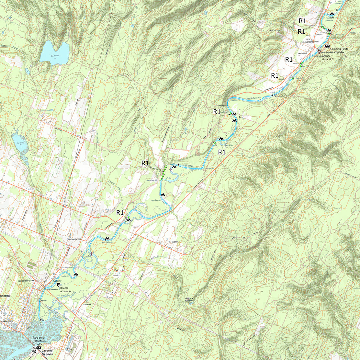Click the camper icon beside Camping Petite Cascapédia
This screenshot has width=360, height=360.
(327, 46)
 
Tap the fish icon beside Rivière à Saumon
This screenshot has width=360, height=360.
(58, 285)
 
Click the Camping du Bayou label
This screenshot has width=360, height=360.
(47, 352)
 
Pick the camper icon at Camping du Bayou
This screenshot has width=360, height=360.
(39, 348)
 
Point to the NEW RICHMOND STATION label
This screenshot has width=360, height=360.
(26, 281)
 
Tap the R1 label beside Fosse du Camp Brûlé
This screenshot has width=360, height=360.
(145, 163)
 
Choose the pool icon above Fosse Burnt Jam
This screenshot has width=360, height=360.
(163, 195)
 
